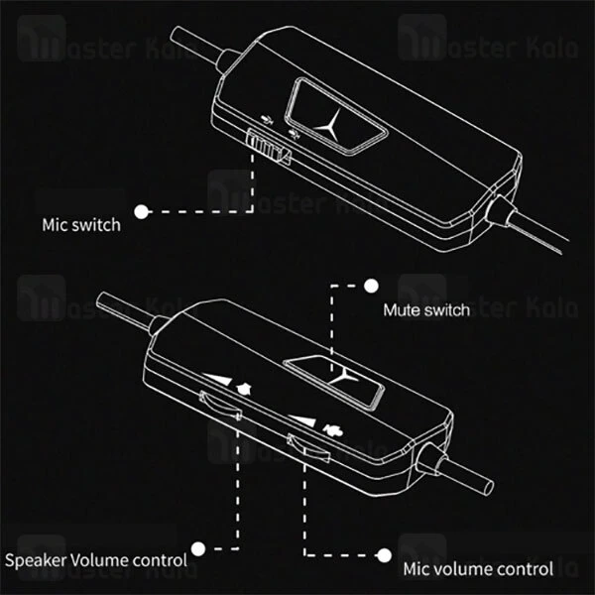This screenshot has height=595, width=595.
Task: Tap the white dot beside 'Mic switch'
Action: coord(143,211)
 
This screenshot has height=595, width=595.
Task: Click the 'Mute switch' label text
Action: coord(426,310)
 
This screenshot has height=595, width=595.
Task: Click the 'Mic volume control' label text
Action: coord(492,569)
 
